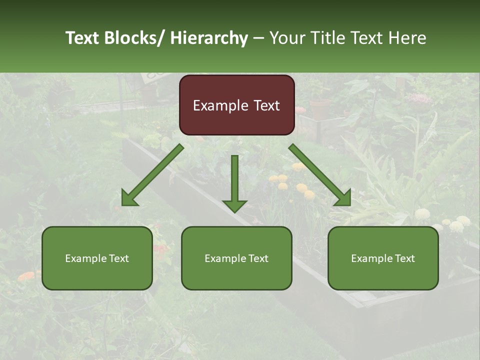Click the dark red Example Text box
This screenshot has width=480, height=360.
coord(236,105)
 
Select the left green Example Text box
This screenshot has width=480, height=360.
coord(97,258)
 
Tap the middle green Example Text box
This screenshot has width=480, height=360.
coord(236,258)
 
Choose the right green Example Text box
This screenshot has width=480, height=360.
coord(383,258)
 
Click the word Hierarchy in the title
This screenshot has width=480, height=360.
coord(209,38)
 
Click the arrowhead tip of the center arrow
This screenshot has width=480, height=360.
coord(234,211)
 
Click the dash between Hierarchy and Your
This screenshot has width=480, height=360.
coord(258,38)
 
